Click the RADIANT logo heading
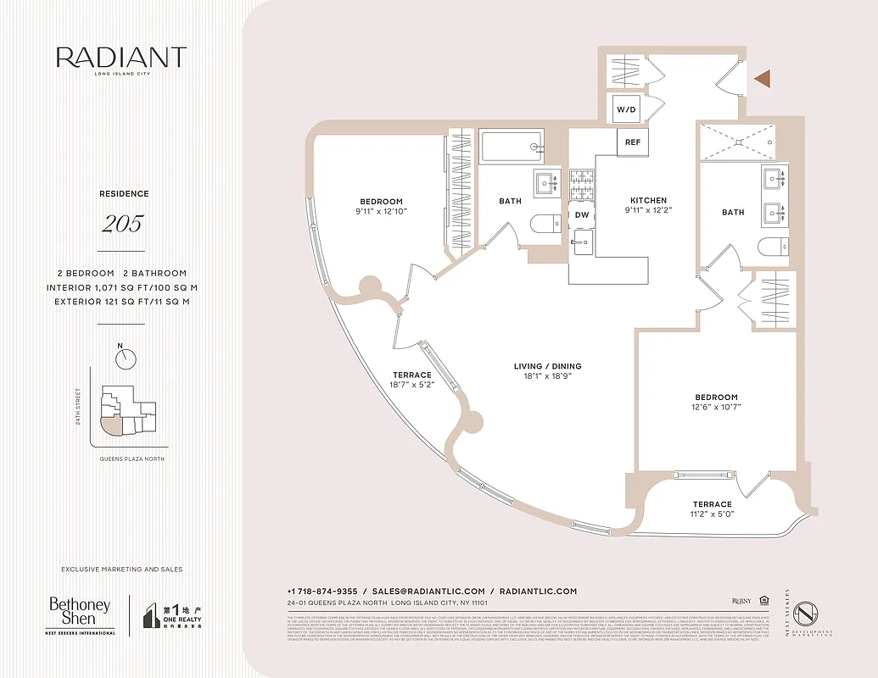tap(121, 58)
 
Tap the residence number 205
tap(122, 225)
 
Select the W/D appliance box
tap(627, 110)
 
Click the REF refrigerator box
tap(633, 142)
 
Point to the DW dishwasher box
tap(582, 215)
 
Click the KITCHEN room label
tap(648, 201)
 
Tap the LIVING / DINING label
tap(547, 367)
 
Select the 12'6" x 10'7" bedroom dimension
tap(716, 408)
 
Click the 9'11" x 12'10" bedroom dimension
tap(382, 211)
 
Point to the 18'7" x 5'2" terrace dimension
tap(411, 386)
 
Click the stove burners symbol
tap(582, 180)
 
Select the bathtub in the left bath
tap(511, 147)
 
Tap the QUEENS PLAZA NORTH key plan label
tap(127, 458)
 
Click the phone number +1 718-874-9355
tap(323, 591)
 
